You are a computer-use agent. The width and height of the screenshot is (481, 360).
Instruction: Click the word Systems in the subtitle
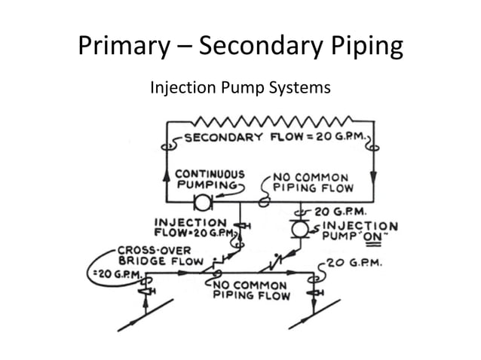300,89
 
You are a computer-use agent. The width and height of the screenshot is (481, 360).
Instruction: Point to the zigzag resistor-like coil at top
272,120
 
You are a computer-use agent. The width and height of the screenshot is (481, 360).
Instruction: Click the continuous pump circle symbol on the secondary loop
202,203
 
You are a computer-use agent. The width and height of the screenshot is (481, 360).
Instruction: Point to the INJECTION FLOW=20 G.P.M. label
191,227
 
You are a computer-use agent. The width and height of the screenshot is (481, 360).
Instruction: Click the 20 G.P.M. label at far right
355,264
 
